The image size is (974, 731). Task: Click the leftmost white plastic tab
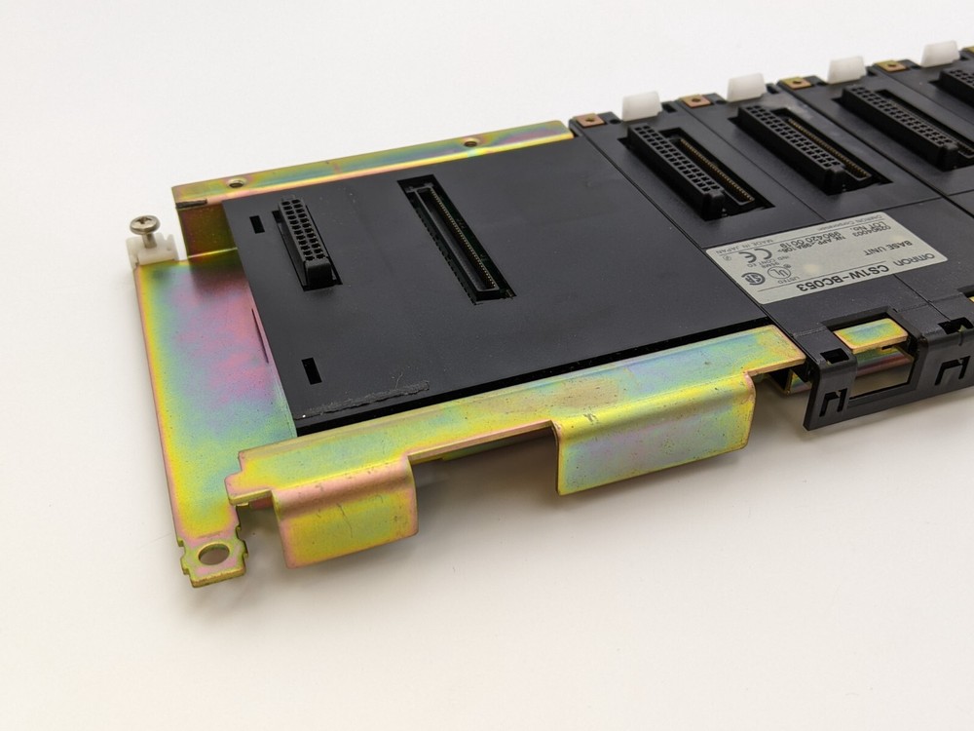(640, 103)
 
